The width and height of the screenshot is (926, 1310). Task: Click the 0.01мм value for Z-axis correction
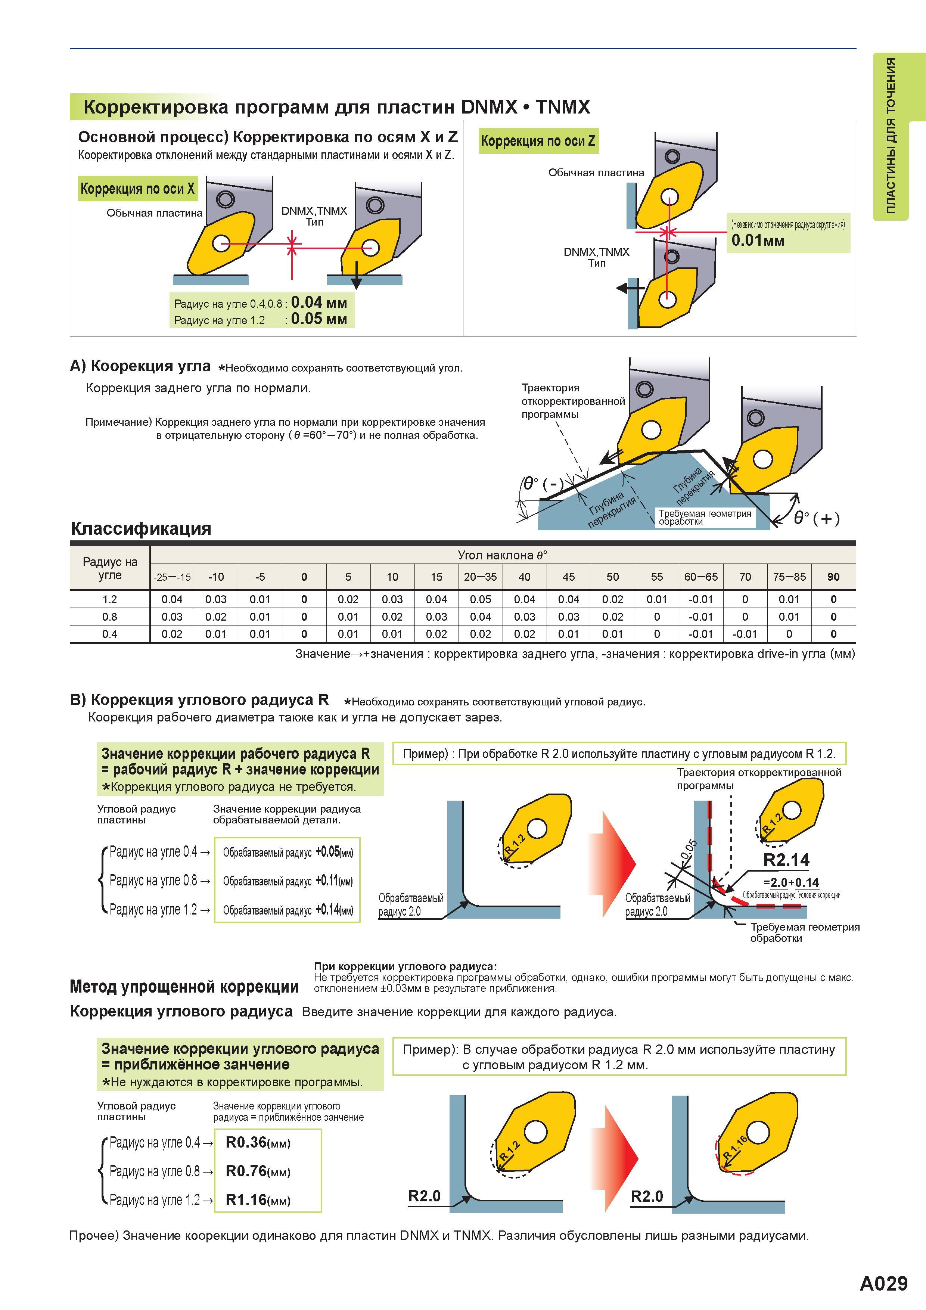click(758, 240)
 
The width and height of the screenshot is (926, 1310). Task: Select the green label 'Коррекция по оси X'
click(137, 189)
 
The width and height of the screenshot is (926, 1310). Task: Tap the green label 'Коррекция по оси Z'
click(538, 141)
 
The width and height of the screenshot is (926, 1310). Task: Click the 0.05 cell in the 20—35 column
click(481, 599)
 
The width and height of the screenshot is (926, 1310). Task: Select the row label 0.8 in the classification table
click(109, 617)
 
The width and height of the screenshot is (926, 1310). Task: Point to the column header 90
click(833, 577)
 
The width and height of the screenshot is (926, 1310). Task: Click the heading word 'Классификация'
click(141, 528)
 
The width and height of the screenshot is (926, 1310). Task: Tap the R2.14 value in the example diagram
click(786, 860)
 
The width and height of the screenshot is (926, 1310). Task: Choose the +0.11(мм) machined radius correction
click(334, 881)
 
